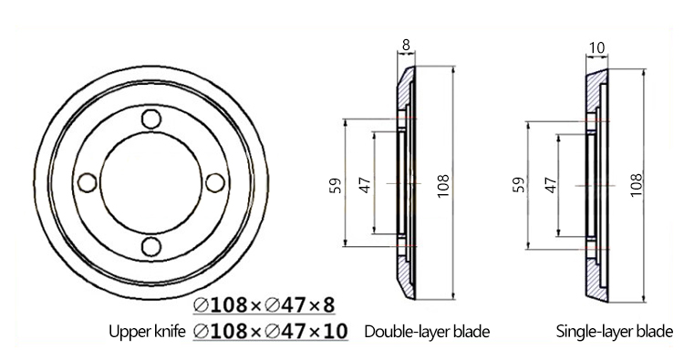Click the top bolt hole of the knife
151,119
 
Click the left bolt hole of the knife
87,182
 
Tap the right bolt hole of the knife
215,182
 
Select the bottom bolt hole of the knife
151,247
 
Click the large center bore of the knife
150,182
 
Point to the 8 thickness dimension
406,46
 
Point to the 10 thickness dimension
596,47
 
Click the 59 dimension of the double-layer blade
336,185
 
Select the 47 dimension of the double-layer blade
365,185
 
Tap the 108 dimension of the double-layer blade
442,186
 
